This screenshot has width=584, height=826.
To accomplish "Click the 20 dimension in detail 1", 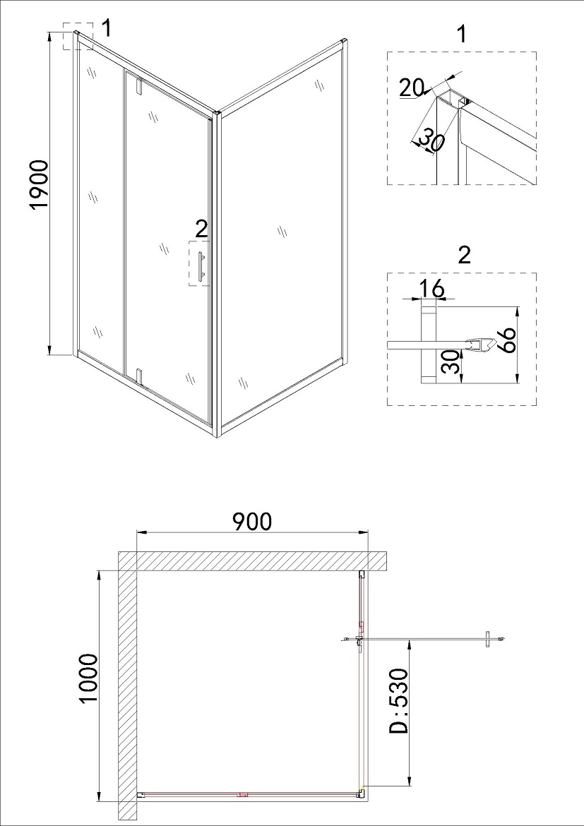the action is pos(411,88).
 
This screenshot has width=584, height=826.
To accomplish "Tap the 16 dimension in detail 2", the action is pos(432,289).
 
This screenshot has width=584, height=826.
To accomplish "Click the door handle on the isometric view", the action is pos(201,265).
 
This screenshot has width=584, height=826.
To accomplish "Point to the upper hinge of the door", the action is pos(139,86).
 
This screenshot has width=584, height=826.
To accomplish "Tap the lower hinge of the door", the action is pos(139,376).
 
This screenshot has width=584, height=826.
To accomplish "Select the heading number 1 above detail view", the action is pos(462,35).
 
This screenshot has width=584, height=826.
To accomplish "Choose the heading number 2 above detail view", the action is pos(464,256).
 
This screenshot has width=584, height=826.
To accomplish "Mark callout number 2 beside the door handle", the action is pos(201,229).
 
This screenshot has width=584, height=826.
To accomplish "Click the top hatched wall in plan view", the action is pos(253,561).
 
